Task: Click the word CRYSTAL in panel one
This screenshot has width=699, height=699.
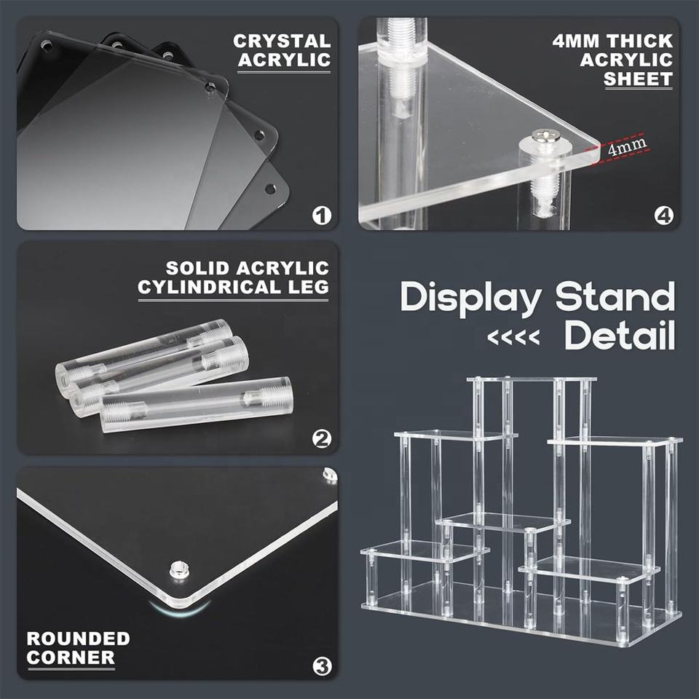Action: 282,41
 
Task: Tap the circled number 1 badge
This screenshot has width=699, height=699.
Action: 321,216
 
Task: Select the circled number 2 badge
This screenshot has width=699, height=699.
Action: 321,440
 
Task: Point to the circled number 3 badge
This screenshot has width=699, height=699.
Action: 322,667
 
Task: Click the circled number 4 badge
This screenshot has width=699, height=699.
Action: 664,216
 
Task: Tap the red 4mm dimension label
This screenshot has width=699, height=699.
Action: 627,146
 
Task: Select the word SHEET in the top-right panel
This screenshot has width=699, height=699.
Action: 638,79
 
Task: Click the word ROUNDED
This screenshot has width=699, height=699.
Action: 78,639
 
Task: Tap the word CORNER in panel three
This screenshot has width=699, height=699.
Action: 71,657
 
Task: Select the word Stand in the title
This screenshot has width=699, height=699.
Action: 615,296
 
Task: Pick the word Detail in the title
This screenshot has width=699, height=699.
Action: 620,335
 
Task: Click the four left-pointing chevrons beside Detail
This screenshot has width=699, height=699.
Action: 513,337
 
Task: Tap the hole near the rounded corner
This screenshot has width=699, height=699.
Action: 179,569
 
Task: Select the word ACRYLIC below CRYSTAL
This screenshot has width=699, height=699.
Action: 284,60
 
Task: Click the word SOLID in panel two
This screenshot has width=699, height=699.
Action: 198,268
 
